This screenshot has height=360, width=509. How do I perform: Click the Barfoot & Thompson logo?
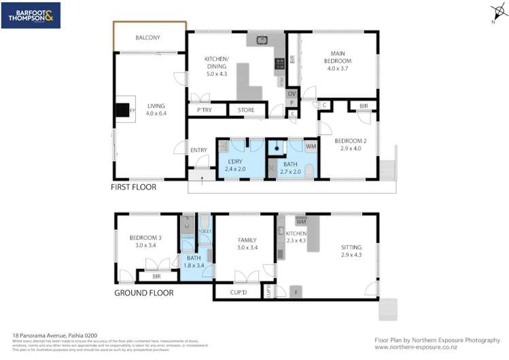pos(31,16)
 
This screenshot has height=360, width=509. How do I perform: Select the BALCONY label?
pos(147,38)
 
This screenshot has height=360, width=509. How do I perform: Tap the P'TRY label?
pos(204,109)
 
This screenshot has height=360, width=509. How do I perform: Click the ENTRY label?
pos(198,150)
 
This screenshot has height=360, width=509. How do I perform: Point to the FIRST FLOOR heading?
pos(135,187)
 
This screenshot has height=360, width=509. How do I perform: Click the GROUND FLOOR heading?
pos(143,293)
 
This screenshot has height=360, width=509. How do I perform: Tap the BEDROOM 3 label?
pos(143,241)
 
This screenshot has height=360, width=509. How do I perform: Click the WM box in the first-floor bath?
pos(311,145)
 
